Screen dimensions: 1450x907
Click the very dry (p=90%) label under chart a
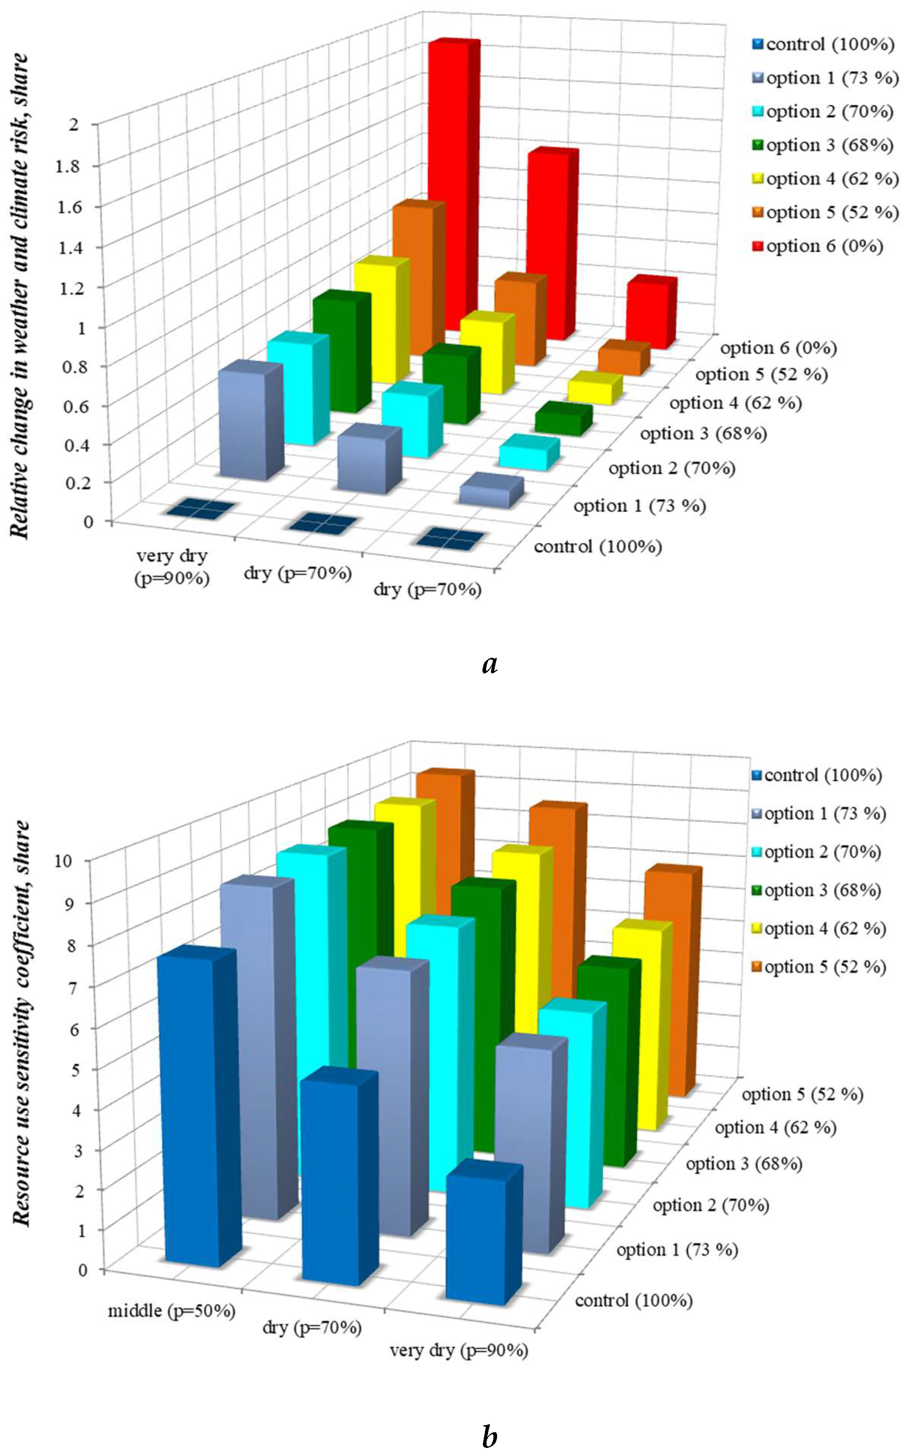172,567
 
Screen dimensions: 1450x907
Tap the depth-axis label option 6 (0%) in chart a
778,348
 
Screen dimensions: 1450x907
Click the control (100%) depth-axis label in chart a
598,547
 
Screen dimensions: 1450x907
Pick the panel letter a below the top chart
489,663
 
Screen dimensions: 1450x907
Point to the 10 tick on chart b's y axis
79,861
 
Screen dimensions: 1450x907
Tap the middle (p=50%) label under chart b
171,1311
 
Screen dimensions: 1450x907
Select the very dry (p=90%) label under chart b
459,1351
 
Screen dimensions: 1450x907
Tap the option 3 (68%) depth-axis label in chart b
744,1164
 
